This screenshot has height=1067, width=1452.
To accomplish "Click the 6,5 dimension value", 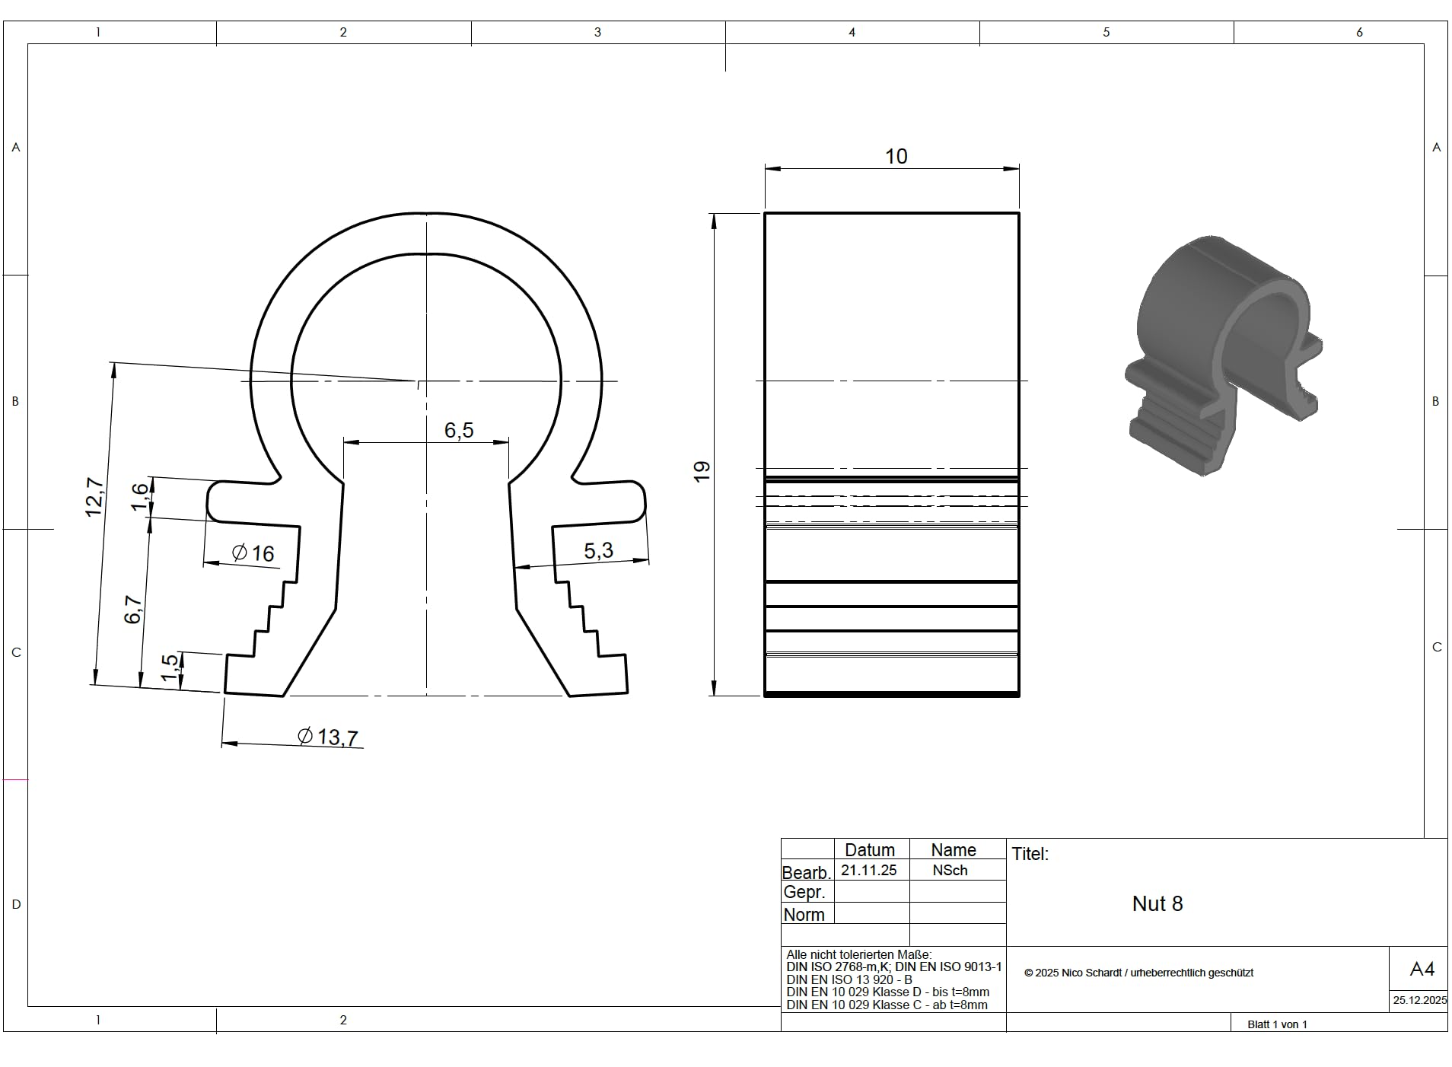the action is click(459, 430).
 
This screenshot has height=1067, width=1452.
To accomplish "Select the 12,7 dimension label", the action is click(94, 497).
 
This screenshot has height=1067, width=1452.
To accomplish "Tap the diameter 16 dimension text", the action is click(253, 553).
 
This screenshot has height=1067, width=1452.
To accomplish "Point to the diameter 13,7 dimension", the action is click(327, 736).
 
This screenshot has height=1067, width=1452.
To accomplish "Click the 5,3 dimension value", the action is click(598, 550).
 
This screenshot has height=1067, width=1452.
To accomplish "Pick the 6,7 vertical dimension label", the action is click(133, 609).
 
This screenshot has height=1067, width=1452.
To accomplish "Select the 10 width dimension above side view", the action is click(896, 156).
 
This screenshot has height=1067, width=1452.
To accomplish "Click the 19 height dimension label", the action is click(702, 470).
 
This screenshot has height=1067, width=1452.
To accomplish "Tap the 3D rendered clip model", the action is click(1223, 355).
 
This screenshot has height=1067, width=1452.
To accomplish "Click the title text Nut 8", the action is click(1157, 903).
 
